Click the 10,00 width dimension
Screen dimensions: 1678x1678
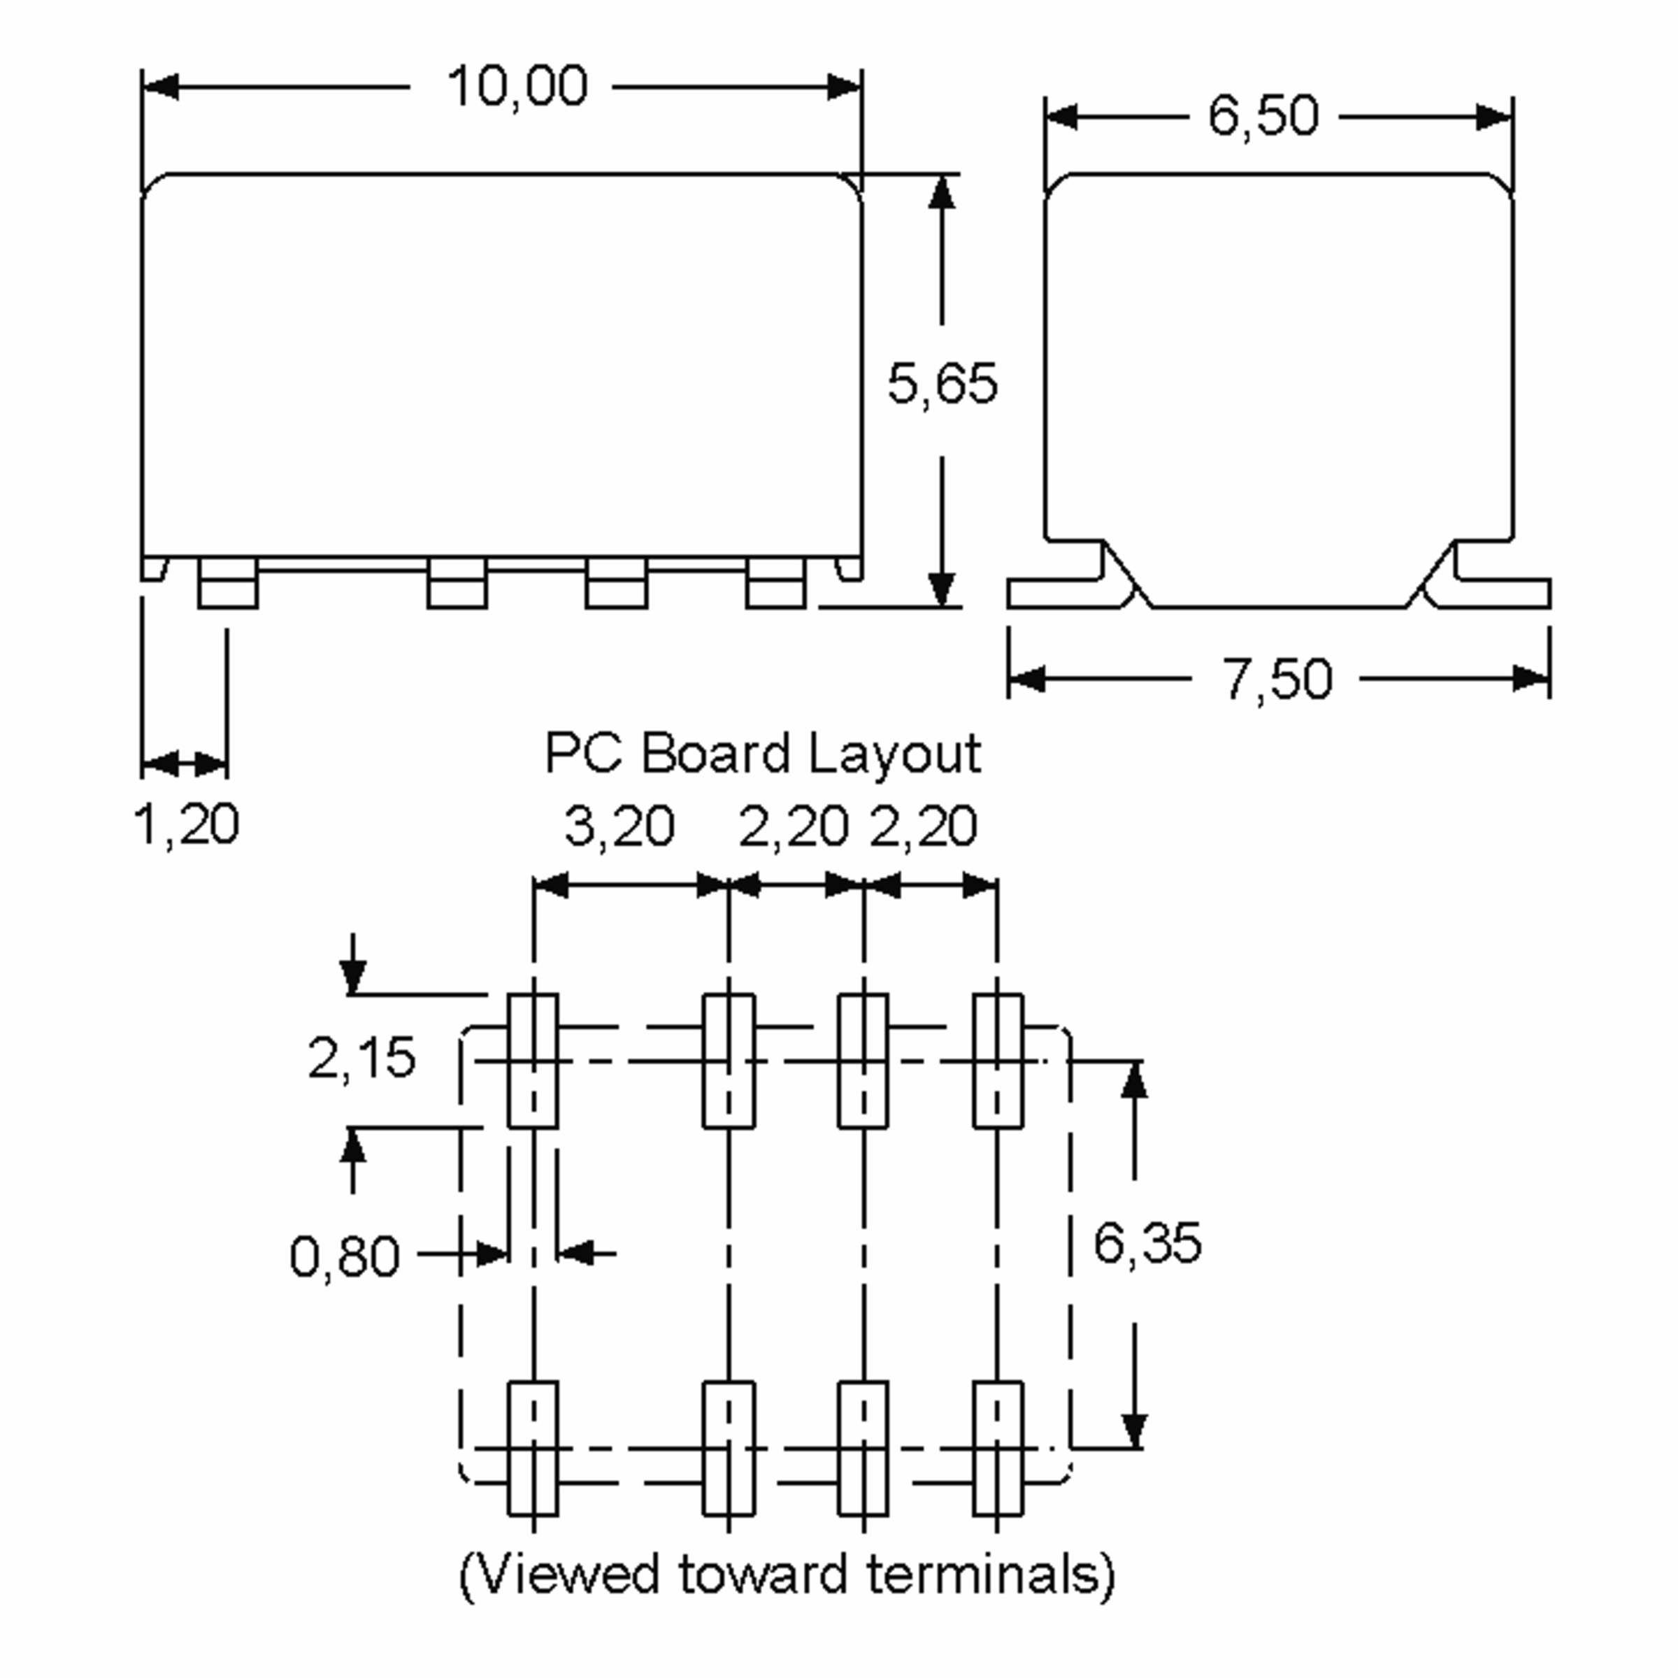coord(517,87)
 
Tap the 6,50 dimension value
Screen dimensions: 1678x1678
coord(1263,115)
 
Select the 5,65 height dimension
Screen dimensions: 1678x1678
coord(942,384)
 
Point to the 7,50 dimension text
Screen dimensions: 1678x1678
coord(1277,679)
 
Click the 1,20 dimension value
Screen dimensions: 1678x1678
coord(187,824)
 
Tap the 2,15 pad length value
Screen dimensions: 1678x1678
coord(361,1058)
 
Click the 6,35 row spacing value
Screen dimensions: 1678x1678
coord(1147,1242)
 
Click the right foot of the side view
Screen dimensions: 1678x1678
coord(1503,594)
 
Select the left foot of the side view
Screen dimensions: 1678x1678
coord(1060,594)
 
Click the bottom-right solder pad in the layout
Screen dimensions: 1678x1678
coord(997,1448)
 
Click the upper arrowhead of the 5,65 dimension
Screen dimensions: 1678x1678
coord(942,191)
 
